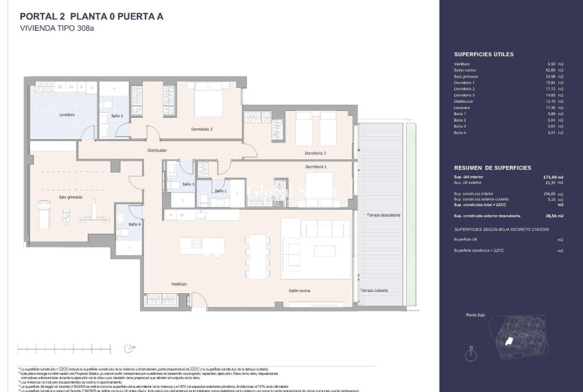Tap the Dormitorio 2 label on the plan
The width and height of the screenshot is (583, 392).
tap(202, 129)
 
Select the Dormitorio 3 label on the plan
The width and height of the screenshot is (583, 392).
tap(315, 153)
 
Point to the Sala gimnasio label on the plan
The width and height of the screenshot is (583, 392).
tap(71, 197)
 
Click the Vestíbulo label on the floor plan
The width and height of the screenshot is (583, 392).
tap(179, 284)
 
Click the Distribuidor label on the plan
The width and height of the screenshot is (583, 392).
tap(158, 150)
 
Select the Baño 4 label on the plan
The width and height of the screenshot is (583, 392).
tap(134, 224)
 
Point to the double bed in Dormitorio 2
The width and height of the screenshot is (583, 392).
tap(206, 103)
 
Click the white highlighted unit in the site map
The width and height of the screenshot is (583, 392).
tap(509, 341)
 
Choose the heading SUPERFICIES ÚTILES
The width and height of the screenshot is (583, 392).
tap(484, 54)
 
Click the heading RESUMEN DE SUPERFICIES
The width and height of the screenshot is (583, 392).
tap(492, 168)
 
